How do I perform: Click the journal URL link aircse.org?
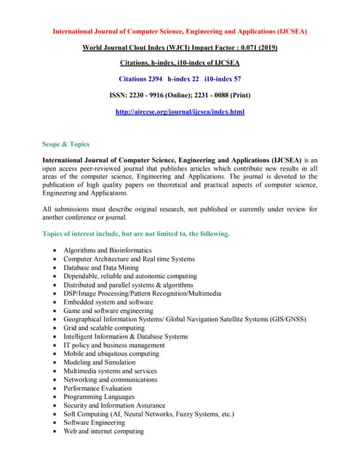[x=180, y=112]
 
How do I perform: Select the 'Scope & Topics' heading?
[x=66, y=145]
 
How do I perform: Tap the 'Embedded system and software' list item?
[x=108, y=302]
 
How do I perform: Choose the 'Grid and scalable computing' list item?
[x=103, y=328]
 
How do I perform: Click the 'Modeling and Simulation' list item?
[x=99, y=362]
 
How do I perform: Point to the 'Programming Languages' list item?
[x=98, y=397]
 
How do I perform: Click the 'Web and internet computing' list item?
[x=103, y=431]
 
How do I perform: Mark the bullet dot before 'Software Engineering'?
[x=55, y=423]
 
